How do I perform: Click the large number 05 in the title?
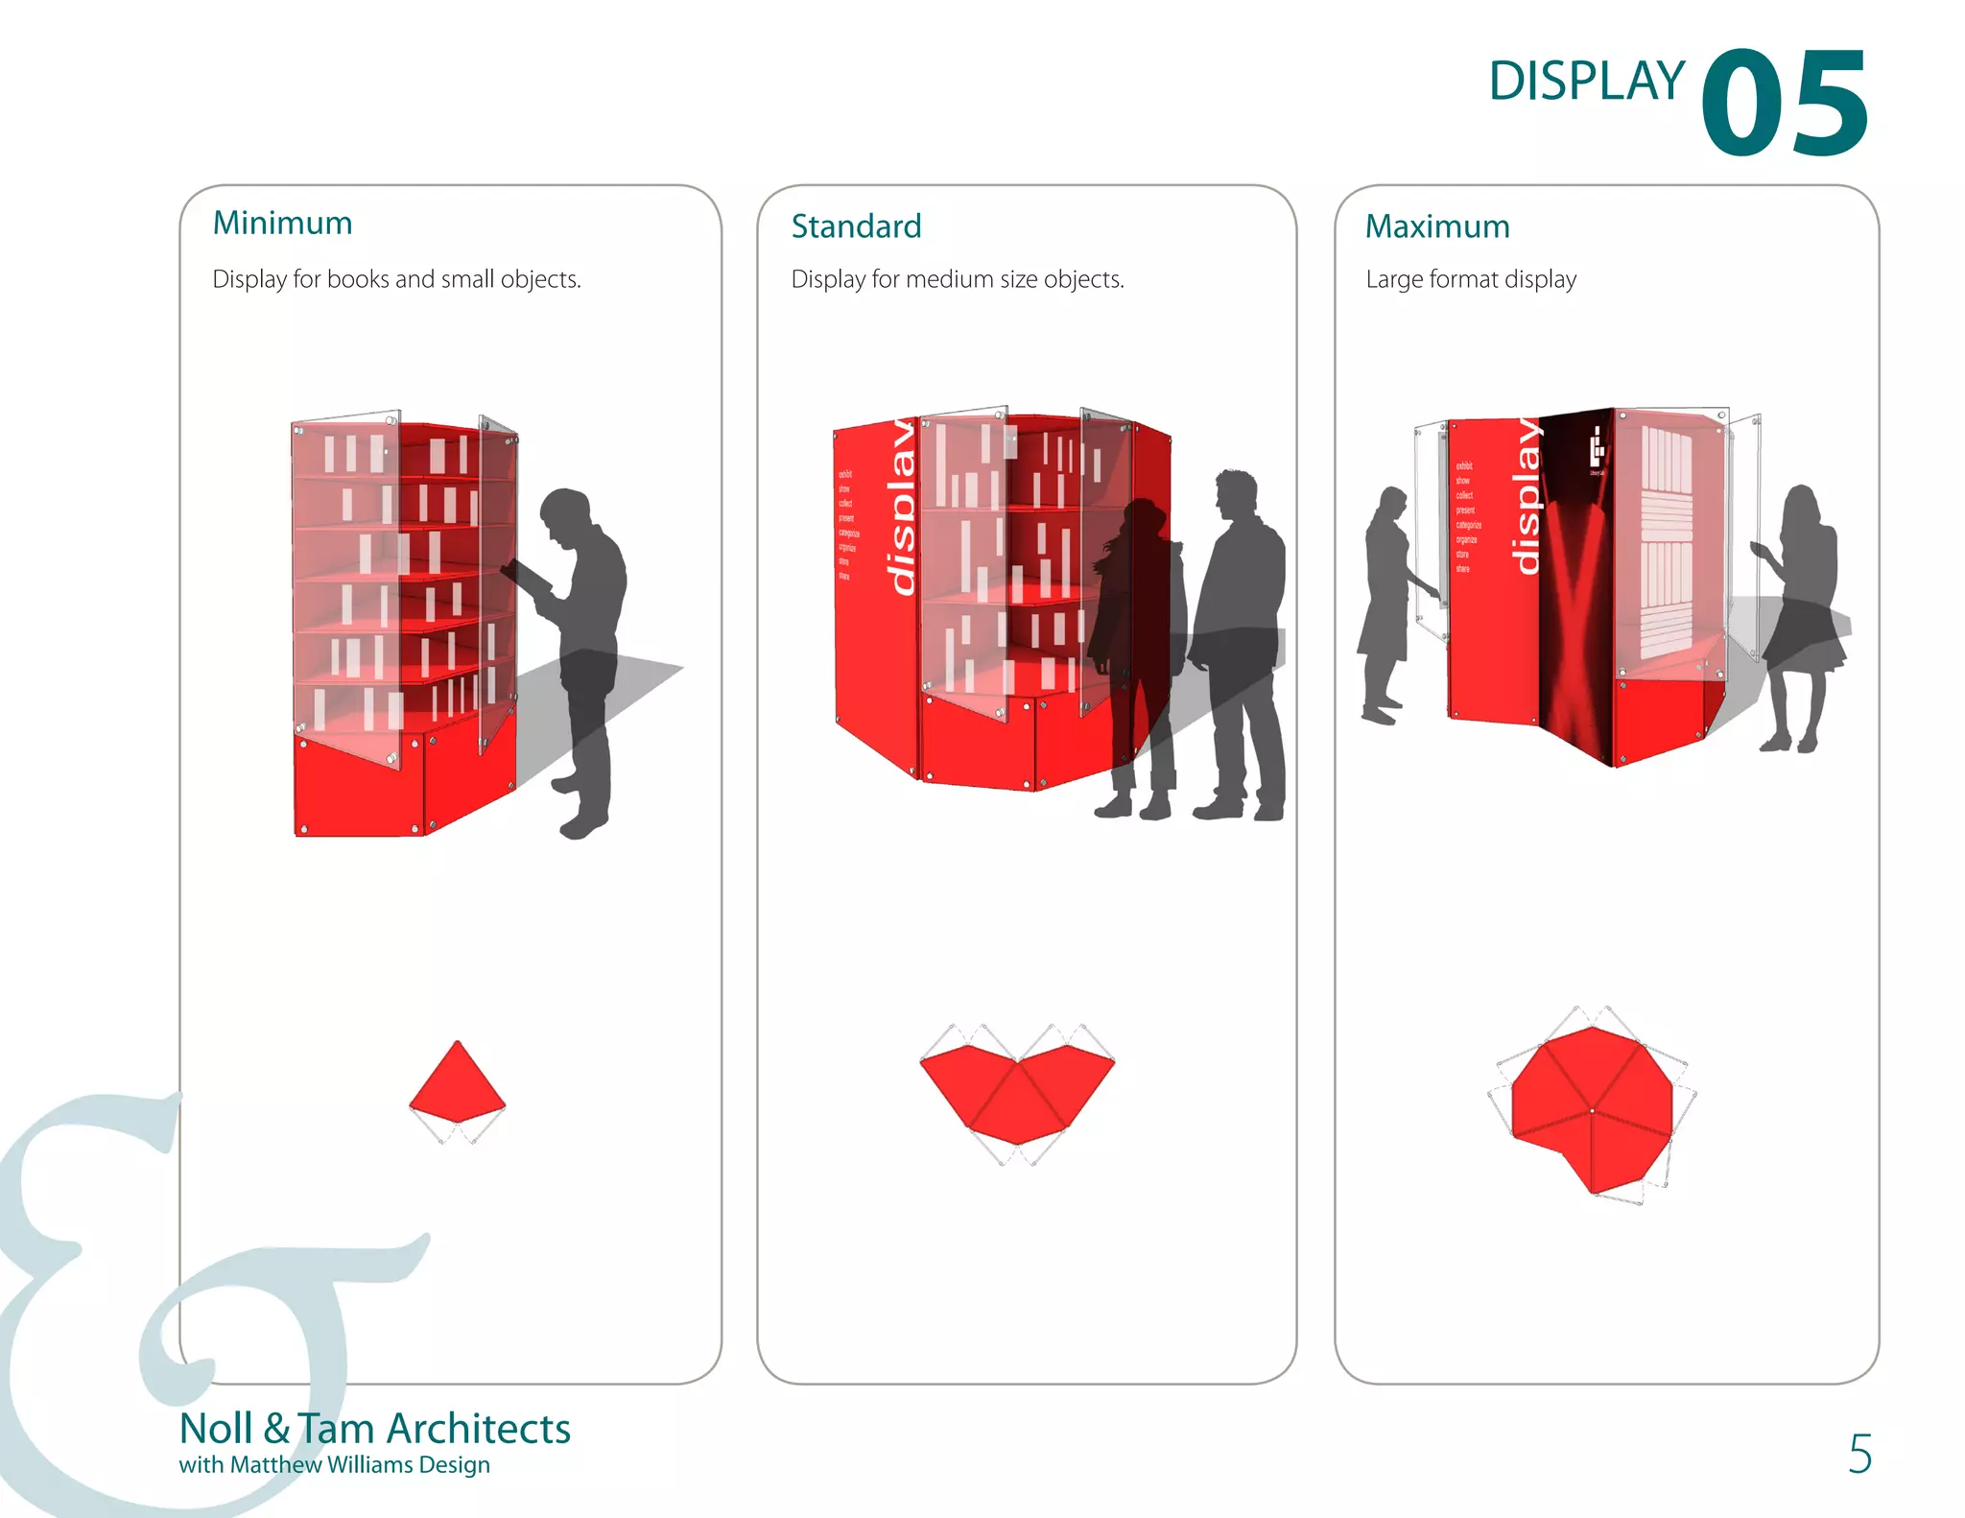point(1783,104)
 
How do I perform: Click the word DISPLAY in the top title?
point(1586,82)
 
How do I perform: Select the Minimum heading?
point(282,223)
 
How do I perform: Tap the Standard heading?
point(856,226)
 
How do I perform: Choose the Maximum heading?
point(1436,226)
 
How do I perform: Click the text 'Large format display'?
point(1470,279)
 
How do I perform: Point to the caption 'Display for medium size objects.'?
point(957,279)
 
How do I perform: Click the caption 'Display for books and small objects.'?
point(396,279)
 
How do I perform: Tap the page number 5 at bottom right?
point(1858,1454)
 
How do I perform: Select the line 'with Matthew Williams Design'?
point(334,1465)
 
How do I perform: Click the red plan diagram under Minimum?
point(457,1084)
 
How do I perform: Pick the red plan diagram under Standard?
point(1017,1094)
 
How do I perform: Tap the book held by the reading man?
point(525,577)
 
